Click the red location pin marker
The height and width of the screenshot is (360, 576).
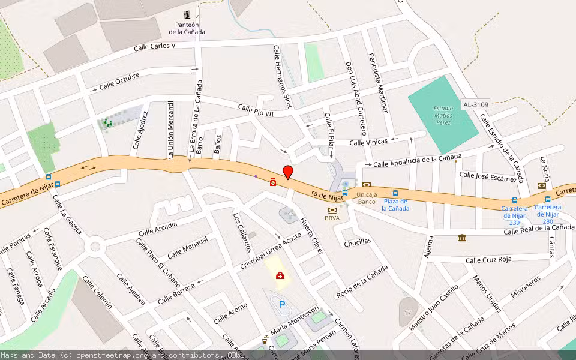coord(288,172)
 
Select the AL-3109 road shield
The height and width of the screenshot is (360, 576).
coord(475,104)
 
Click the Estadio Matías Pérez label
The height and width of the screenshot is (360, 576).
coord(443,115)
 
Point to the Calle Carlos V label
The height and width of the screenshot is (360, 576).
coord(155,46)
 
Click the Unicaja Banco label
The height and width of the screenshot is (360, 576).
coord(366,198)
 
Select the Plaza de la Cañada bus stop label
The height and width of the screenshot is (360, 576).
coord(395,205)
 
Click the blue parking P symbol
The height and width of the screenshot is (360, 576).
coord(282,305)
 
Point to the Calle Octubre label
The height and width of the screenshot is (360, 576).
coord(119,81)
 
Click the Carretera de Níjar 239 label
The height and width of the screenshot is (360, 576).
coord(514,215)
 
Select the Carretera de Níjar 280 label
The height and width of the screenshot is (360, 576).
coord(548,214)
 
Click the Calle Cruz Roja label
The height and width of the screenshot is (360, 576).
coord(488,260)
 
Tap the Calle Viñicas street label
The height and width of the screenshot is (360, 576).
coord(368,142)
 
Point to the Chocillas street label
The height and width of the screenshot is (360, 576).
coord(358,242)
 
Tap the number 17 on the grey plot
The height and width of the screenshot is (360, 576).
coord(407,313)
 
